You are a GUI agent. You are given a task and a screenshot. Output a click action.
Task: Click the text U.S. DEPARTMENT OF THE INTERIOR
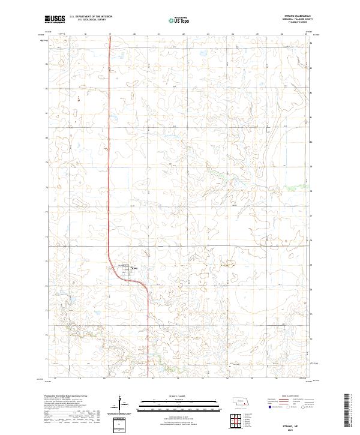click(91, 17)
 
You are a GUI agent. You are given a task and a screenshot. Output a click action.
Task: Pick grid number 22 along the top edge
click(183, 35)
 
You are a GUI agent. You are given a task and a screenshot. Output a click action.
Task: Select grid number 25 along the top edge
click(257, 35)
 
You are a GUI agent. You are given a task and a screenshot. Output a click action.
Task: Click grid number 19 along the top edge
click(110, 35)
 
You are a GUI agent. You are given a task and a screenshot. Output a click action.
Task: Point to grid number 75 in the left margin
click(46, 261)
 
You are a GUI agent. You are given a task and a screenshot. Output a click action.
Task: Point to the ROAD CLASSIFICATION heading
click(287, 396)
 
